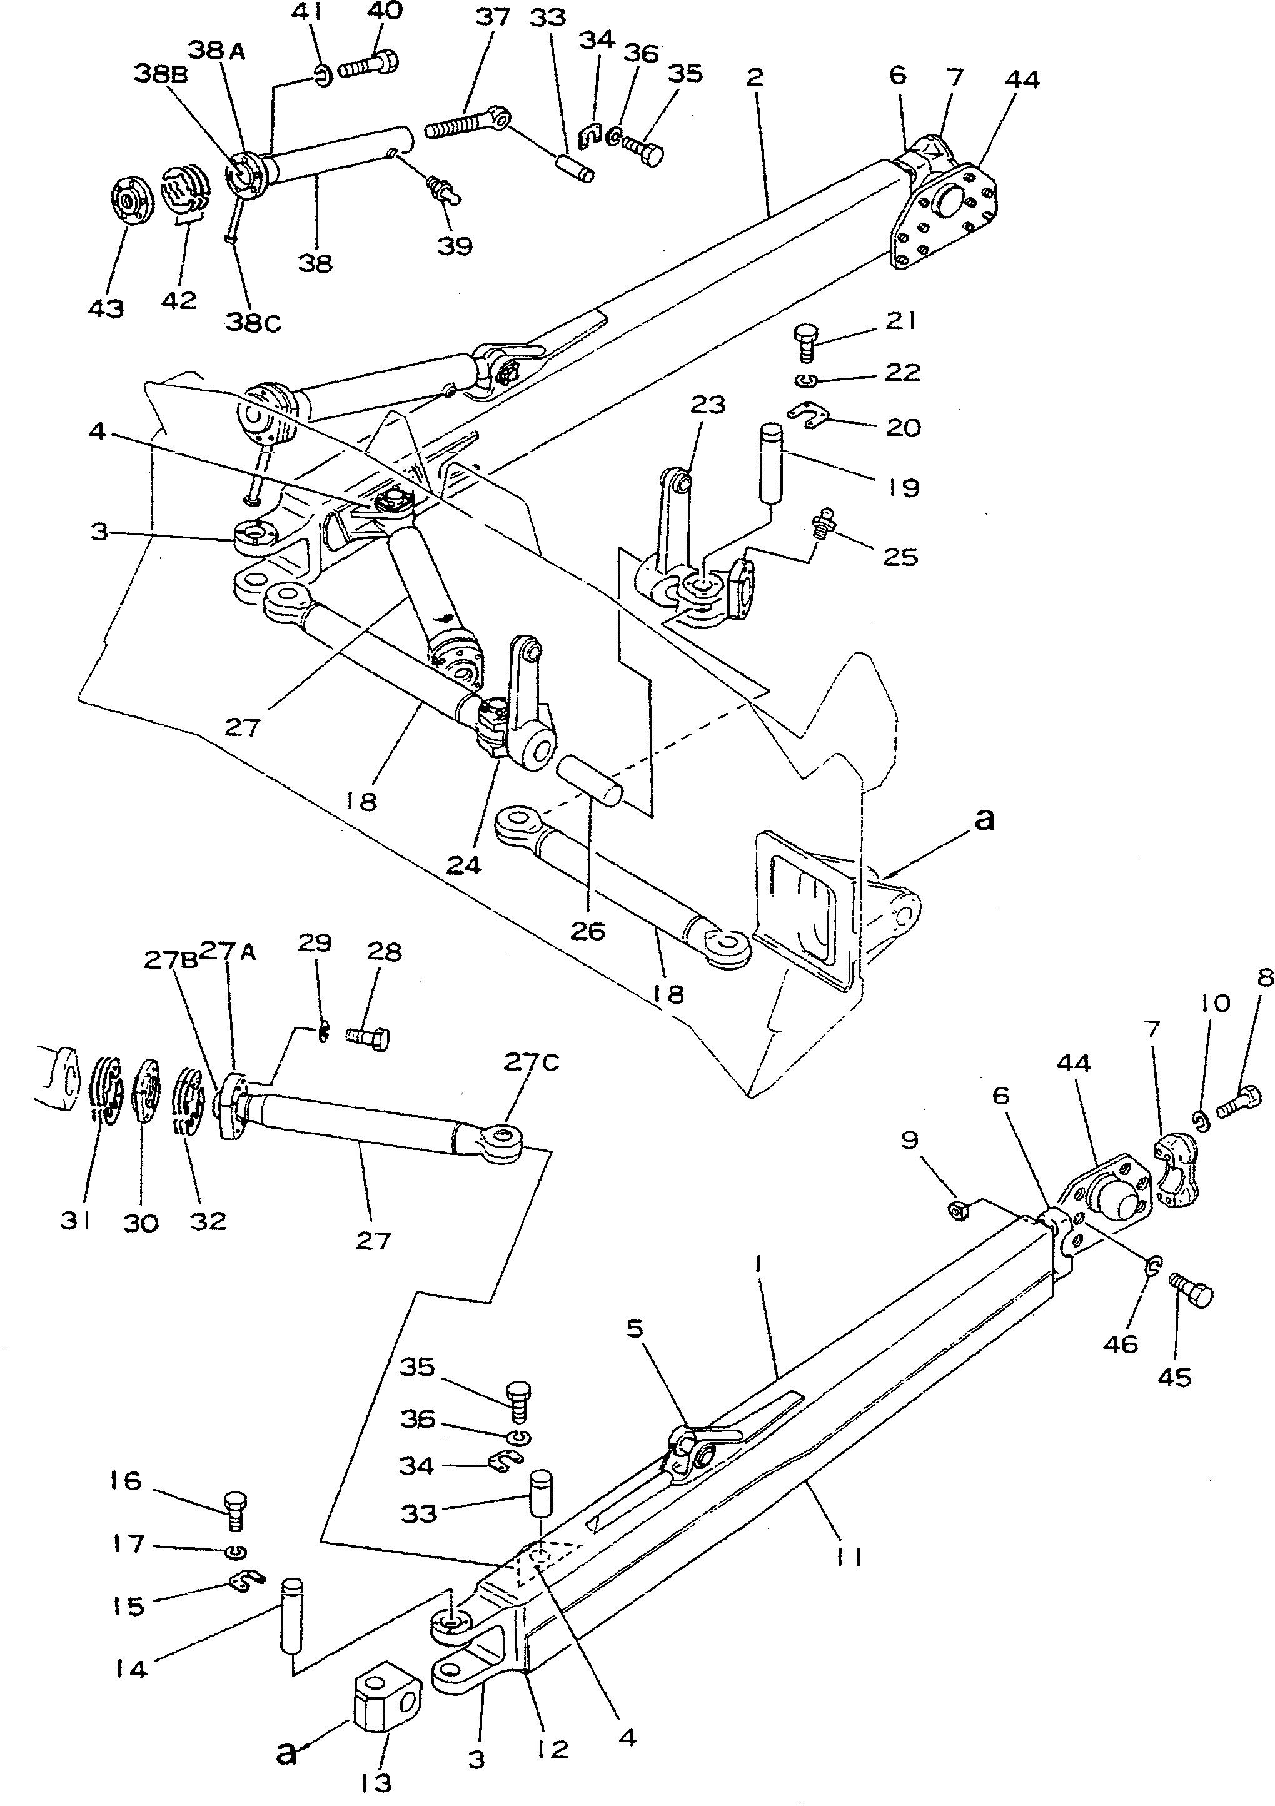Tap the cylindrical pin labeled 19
[772, 461]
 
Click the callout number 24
[463, 865]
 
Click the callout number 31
[76, 1221]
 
